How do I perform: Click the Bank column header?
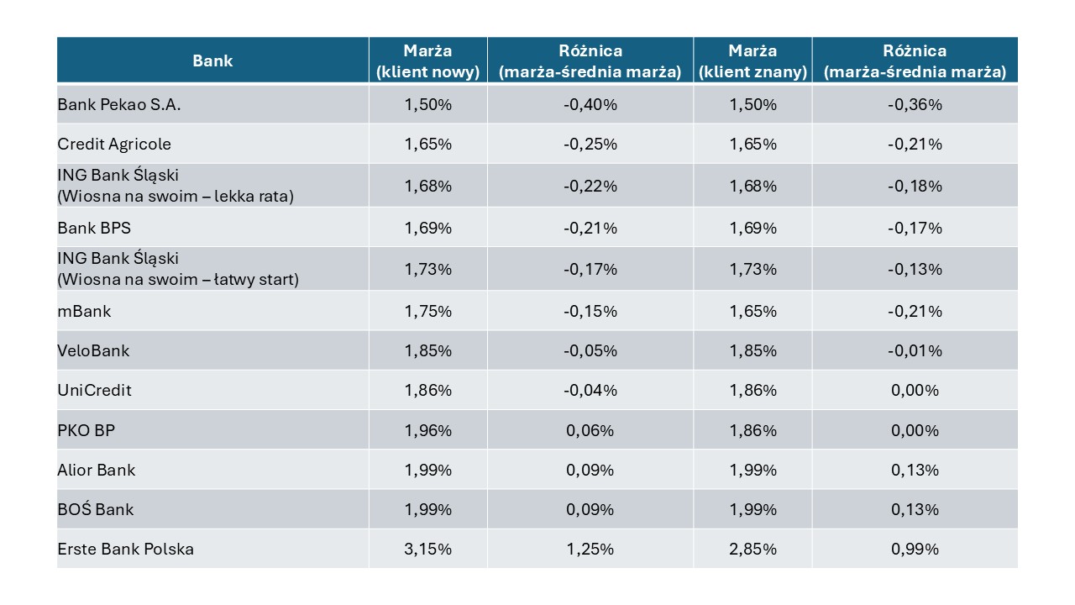click(212, 61)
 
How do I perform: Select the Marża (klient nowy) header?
click(427, 61)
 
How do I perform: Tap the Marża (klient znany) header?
click(752, 61)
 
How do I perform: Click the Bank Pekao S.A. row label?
click(119, 105)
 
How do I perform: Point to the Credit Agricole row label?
click(114, 144)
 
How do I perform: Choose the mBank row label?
click(84, 311)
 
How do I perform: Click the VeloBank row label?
click(93, 350)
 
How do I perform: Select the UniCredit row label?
click(94, 390)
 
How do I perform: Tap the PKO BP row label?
click(87, 430)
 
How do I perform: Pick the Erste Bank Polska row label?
click(126, 549)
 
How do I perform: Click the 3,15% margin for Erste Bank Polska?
click(427, 549)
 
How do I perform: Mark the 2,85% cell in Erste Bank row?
click(752, 549)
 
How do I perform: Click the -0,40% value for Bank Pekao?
click(590, 105)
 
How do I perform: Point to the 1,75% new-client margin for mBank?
click(427, 311)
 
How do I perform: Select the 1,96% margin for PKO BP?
click(427, 430)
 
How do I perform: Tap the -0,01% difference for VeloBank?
click(915, 350)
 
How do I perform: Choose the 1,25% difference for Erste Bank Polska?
click(590, 549)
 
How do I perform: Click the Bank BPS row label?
click(94, 228)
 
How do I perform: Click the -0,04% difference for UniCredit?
click(590, 390)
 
